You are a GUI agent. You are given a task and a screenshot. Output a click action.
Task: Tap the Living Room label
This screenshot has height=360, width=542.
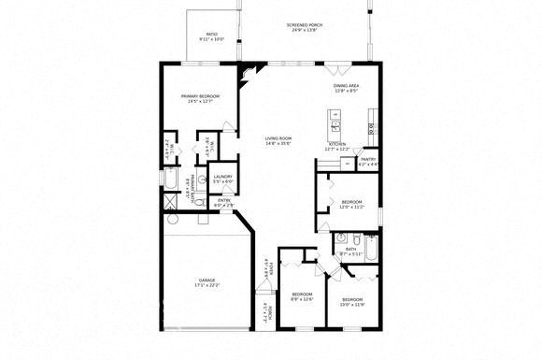pyautogui.click(x=278, y=140)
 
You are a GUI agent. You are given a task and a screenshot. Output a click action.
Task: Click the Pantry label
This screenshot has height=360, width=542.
pyautogui.click(x=369, y=161)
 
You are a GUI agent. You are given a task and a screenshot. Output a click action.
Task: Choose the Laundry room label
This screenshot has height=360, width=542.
pyautogui.click(x=222, y=179)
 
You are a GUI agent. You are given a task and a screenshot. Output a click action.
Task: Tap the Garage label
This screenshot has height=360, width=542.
pyautogui.click(x=207, y=282)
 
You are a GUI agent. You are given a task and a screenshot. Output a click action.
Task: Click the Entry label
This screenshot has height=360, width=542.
pyautogui.click(x=224, y=202)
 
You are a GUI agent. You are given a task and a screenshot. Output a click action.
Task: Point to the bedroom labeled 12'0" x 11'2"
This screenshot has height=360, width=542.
pyautogui.click(x=351, y=205)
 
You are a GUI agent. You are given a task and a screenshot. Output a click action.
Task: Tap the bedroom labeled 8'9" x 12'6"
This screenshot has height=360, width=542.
pyautogui.click(x=301, y=296)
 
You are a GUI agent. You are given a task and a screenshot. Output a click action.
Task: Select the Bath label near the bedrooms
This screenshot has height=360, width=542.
pyautogui.click(x=351, y=251)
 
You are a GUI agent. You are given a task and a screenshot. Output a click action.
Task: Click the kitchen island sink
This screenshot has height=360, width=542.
pyautogui.click(x=335, y=122)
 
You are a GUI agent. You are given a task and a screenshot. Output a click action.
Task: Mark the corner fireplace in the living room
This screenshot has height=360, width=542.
pyautogui.click(x=246, y=74)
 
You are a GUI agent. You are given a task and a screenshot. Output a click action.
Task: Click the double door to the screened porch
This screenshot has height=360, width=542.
pyautogui.click(x=336, y=64)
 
